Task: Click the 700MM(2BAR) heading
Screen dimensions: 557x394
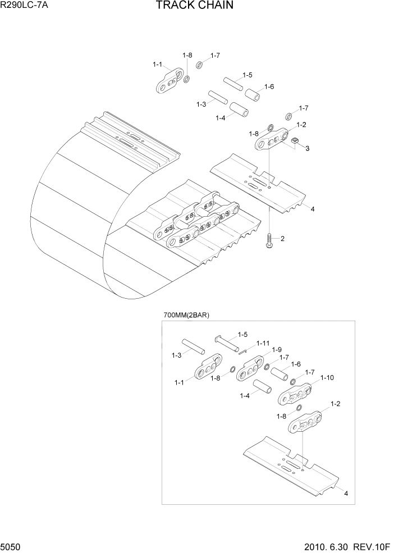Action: pos(186,315)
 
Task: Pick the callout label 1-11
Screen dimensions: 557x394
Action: pos(263,343)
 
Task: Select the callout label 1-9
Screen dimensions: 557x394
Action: pos(277,350)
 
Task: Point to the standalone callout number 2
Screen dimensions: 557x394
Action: pos(282,239)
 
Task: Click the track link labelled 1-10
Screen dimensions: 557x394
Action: pos(294,395)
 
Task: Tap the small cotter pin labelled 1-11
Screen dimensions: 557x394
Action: pos(242,353)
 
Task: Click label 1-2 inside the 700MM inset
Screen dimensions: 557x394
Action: pos(336,404)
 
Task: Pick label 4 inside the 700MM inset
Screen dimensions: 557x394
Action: pos(346,494)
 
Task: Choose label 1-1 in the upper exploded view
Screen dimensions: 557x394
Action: pos(158,65)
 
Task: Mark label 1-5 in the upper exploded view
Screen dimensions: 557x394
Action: pos(247,75)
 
